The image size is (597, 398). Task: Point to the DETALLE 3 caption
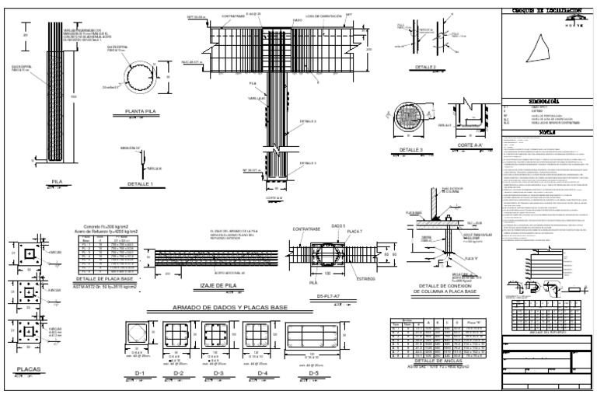click(x=411, y=150)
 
